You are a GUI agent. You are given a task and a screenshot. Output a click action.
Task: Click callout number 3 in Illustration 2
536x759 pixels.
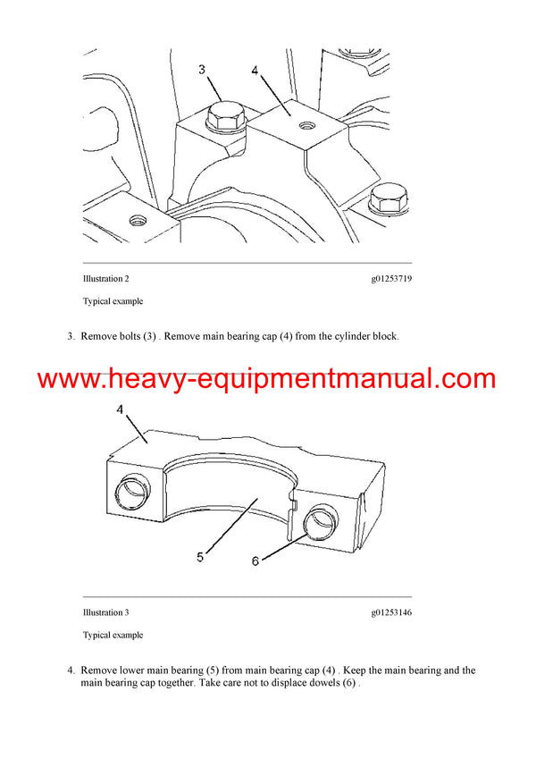(x=201, y=69)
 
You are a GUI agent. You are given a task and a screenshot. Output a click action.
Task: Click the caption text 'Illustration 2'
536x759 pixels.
(x=112, y=279)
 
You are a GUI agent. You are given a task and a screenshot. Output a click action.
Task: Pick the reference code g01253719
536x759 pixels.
(x=391, y=279)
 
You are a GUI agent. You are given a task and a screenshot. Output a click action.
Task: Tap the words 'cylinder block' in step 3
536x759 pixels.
(x=364, y=337)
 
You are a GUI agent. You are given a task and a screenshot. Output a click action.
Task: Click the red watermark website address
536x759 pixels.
(x=267, y=378)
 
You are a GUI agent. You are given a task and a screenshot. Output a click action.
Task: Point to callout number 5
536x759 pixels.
(x=200, y=557)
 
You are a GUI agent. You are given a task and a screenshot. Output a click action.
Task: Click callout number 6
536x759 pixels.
(x=255, y=561)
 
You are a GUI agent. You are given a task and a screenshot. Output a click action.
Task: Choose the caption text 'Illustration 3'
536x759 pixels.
(x=112, y=612)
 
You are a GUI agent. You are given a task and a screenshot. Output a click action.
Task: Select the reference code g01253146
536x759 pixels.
(x=391, y=612)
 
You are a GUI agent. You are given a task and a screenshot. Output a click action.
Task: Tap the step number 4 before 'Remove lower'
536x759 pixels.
(x=71, y=670)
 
